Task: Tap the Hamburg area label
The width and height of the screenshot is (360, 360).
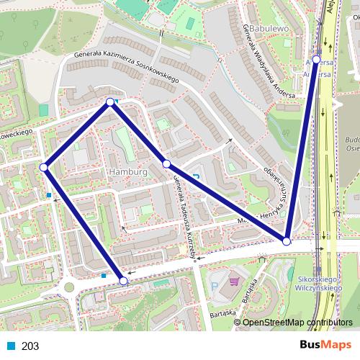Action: pyautogui.click(x=127, y=173)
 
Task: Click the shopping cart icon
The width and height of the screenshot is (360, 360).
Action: pyautogui.click(x=233, y=282)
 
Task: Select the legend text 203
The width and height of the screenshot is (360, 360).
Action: pyautogui.click(x=30, y=346)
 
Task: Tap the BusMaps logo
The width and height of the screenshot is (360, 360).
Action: pyautogui.click(x=326, y=346)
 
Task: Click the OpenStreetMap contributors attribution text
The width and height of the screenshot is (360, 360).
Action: pyautogui.click(x=297, y=323)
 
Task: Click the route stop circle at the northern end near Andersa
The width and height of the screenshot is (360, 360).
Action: pyautogui.click(x=316, y=60)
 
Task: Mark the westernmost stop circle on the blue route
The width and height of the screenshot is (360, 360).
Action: pyautogui.click(x=43, y=167)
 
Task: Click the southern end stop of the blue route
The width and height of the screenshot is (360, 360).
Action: pyautogui.click(x=123, y=281)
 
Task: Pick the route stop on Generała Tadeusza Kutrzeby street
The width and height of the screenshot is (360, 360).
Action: pyautogui.click(x=166, y=164)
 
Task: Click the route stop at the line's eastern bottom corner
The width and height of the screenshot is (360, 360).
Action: pyautogui.click(x=287, y=241)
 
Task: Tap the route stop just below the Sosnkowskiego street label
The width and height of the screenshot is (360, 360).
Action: pyautogui.click(x=110, y=102)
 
